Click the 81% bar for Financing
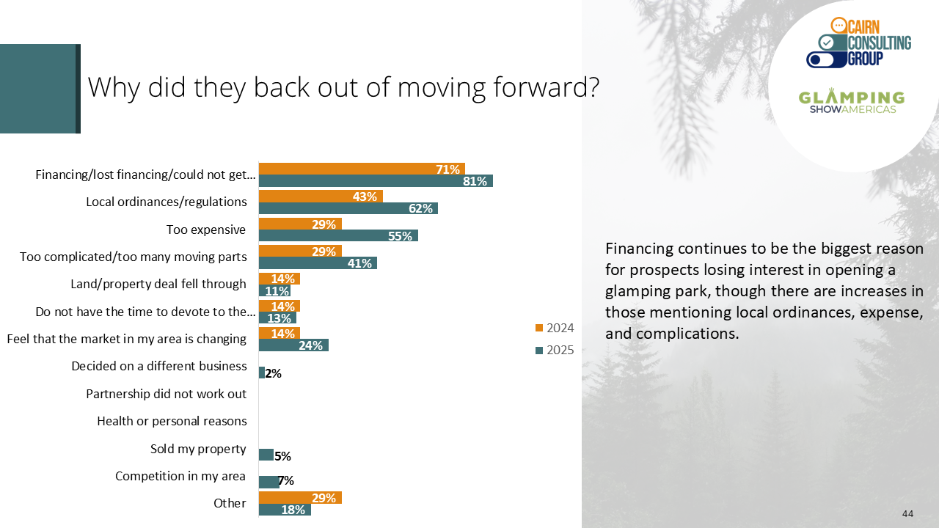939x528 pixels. point(376,181)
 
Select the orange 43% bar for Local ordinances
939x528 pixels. point(321,196)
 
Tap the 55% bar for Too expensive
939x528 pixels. point(338,235)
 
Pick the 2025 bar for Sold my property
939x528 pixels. point(266,455)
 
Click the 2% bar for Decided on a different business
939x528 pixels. point(262,373)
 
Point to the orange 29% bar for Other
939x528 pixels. point(300,497)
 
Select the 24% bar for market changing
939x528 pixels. point(293,345)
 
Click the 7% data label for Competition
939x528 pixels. point(286,480)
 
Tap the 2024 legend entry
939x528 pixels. point(555,328)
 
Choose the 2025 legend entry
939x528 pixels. point(555,350)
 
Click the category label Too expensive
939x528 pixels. point(206,230)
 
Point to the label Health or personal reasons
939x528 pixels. point(172,421)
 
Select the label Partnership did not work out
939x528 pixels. point(167,394)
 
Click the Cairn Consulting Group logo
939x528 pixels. point(858,43)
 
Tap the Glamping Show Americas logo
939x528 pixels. point(852,101)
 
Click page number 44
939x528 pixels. point(908,514)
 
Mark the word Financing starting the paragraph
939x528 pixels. point(639,249)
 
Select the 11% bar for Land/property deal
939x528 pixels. point(274,290)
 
